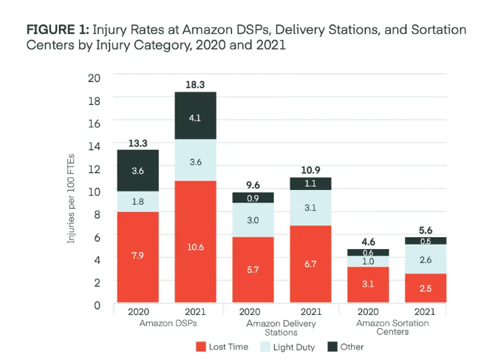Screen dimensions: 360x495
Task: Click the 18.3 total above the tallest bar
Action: tap(195, 84)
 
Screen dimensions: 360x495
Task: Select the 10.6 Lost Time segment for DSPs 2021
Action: tap(195, 242)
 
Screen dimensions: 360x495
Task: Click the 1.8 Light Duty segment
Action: tap(138, 201)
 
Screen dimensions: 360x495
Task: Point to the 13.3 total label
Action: tap(138, 143)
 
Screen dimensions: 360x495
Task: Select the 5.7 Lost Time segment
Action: tap(253, 270)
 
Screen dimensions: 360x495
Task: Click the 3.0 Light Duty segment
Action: tap(253, 220)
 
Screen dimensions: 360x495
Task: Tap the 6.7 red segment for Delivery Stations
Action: tap(310, 264)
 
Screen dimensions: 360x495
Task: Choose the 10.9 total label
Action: tap(310, 170)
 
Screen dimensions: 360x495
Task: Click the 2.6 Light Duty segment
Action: tap(426, 259)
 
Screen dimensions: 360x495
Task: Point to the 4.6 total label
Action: tap(368, 241)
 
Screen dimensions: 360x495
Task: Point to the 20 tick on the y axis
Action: tap(94, 76)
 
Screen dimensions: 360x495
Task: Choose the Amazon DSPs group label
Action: tap(165, 324)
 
